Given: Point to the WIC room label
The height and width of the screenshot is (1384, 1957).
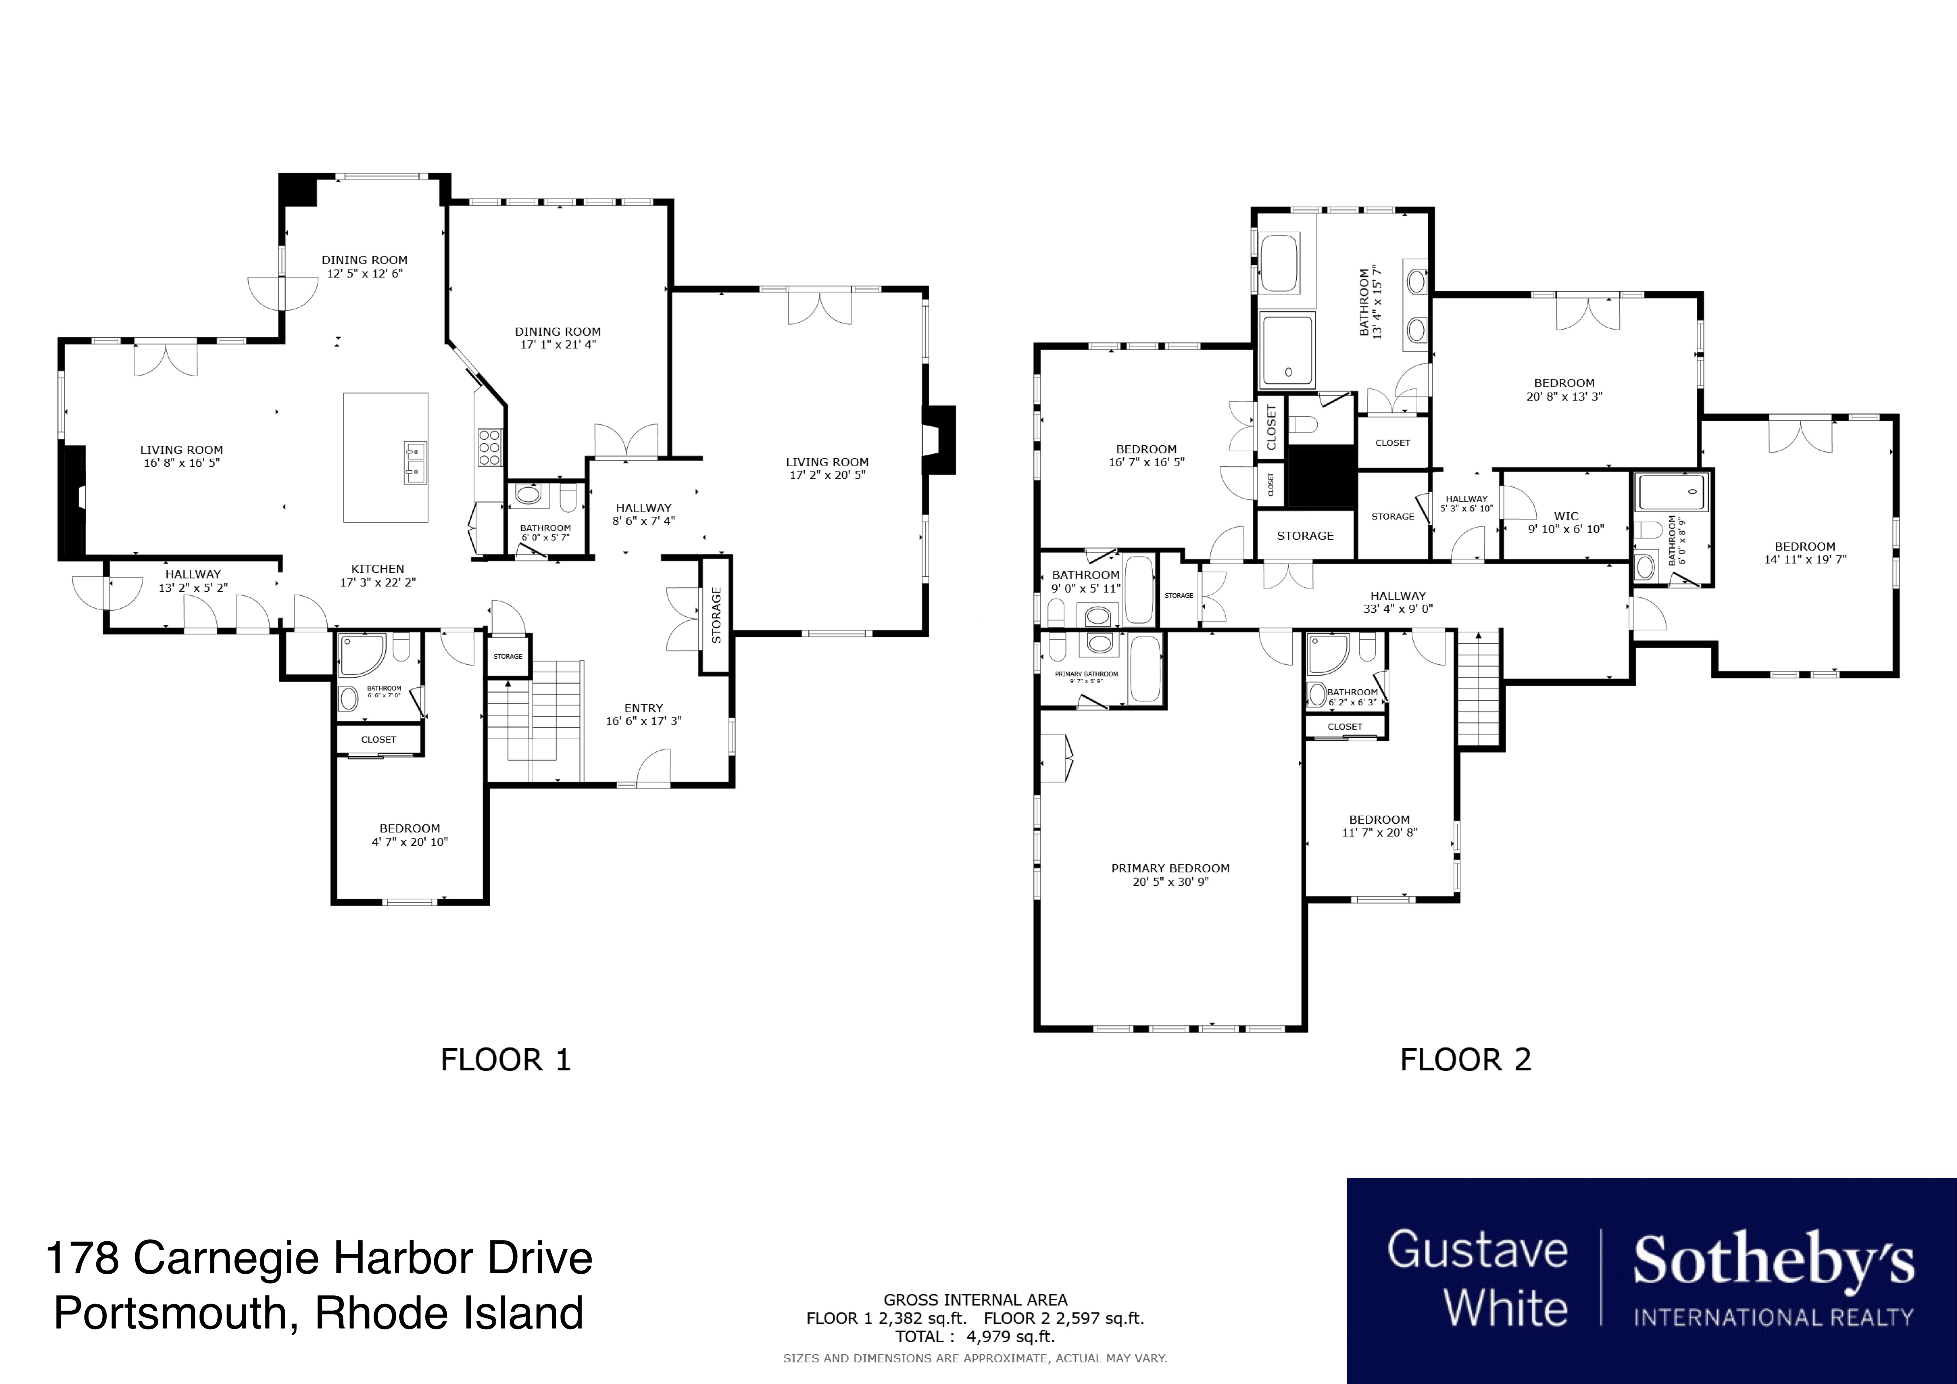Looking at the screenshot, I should pyautogui.click(x=1566, y=516).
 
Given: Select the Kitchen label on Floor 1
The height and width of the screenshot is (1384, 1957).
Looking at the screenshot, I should pyautogui.click(x=378, y=568).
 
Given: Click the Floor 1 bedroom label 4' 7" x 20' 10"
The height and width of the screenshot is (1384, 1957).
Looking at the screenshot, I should pyautogui.click(x=410, y=841).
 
